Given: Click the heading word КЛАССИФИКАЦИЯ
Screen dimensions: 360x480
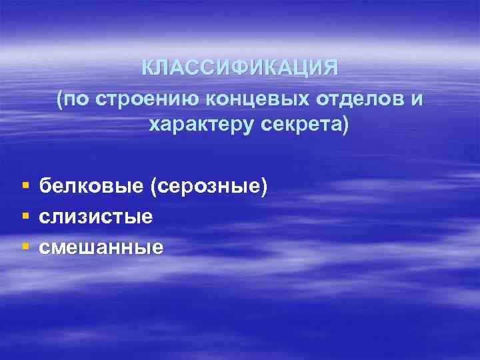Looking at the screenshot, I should coord(240,68).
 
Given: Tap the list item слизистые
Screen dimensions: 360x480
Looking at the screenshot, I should coord(96,217).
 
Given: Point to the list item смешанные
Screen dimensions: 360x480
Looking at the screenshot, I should coord(101,247).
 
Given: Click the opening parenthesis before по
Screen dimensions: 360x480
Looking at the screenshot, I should coord(60,99).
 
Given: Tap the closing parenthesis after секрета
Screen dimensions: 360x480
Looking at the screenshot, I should coord(345,125).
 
